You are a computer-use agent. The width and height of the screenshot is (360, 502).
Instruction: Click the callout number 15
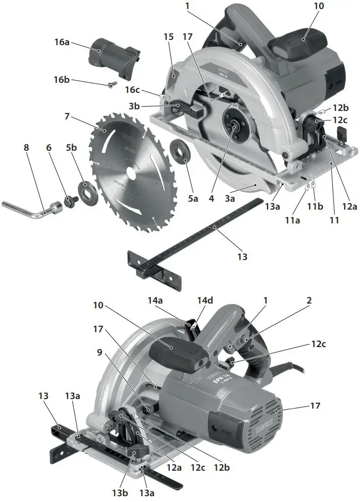coord(169,37)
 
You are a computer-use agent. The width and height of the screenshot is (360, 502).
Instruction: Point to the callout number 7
coord(67,115)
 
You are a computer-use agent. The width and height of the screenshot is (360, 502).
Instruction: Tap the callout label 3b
coord(135,106)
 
